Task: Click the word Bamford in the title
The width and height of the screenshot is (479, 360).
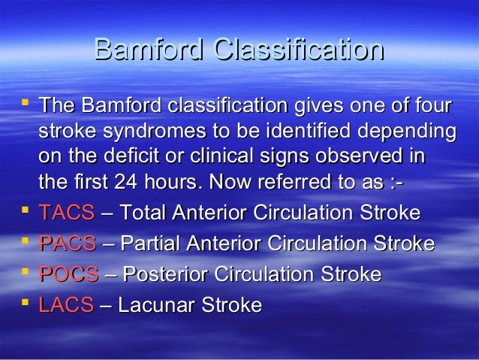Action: coord(149,50)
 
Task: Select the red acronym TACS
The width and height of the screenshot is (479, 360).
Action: coord(67,213)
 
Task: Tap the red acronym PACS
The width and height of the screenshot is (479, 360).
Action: coord(68,244)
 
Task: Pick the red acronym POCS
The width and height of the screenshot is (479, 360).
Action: coord(68,274)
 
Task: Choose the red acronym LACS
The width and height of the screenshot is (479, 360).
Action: coord(66,305)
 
